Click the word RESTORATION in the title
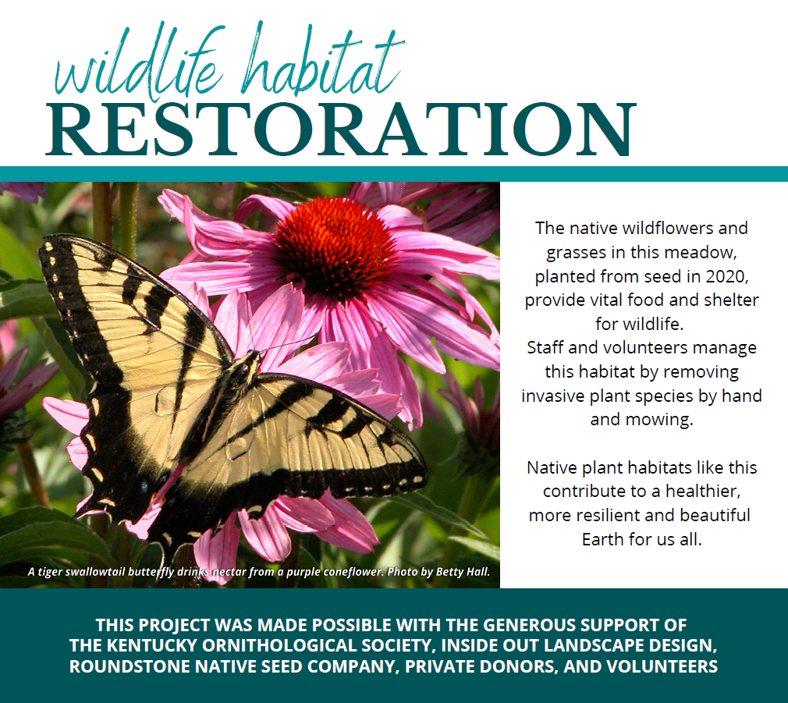[341, 130]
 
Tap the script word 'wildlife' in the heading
[139, 63]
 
